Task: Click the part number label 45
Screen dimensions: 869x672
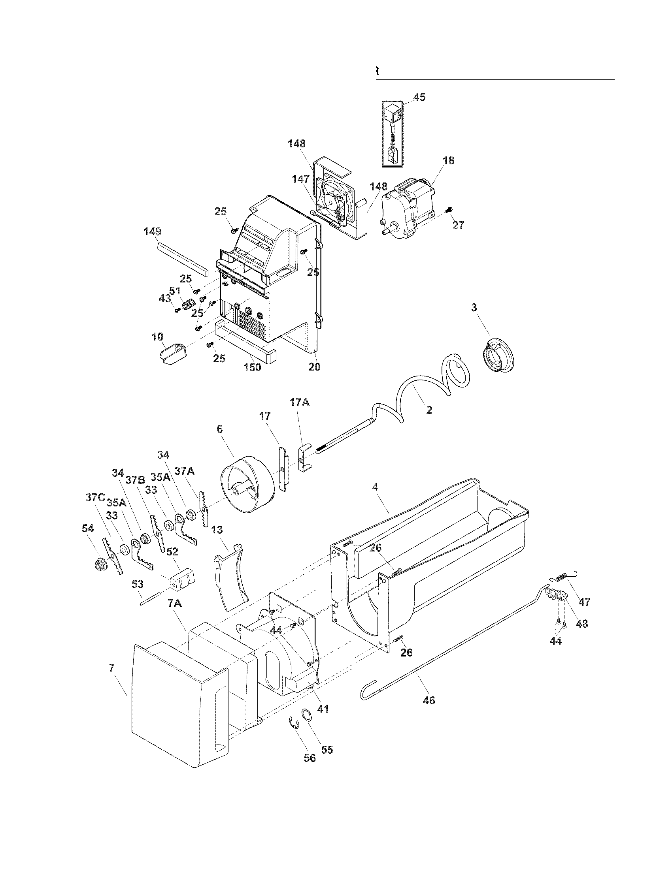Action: click(419, 97)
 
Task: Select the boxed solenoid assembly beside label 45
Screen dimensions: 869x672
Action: click(393, 133)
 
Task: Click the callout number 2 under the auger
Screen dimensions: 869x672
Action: click(429, 410)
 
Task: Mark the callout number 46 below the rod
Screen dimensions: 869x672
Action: click(429, 700)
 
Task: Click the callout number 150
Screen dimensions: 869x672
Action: click(252, 367)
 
